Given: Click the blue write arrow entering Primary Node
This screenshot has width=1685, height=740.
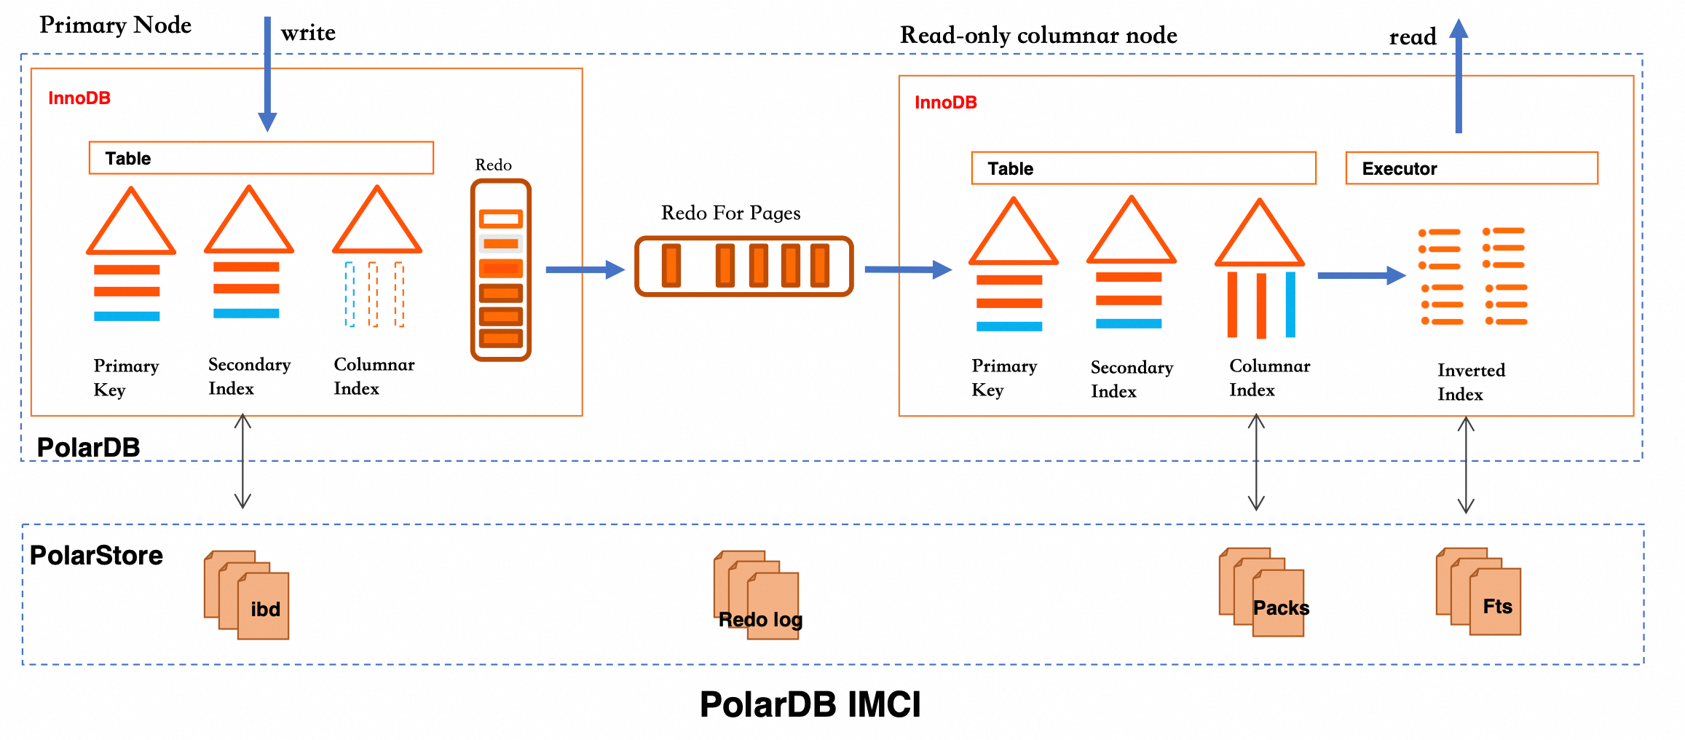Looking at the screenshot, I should click(267, 73).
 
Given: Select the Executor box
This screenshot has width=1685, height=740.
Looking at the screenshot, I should click(1471, 168).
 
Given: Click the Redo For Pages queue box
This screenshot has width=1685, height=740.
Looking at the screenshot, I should click(743, 267).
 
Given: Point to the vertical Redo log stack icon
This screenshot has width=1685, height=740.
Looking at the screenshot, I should click(501, 270).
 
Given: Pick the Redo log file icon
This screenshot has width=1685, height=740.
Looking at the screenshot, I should click(757, 595).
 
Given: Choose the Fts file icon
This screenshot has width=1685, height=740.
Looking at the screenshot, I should click(1479, 592).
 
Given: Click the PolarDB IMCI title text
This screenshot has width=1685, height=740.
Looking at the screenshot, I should click(810, 704).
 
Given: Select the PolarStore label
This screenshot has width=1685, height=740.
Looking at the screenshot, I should click(96, 556).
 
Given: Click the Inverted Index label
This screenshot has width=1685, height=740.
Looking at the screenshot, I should click(1470, 382).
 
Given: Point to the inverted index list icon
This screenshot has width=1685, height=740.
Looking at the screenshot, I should click(1472, 276).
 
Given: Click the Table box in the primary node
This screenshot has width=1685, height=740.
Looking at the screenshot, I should click(261, 158).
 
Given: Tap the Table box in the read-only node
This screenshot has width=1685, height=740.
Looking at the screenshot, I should click(1143, 168).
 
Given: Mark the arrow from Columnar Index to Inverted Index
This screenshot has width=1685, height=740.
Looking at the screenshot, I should click(1360, 275).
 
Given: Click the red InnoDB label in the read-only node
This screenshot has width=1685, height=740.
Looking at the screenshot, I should click(945, 103).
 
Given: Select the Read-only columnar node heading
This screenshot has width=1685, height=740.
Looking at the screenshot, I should click(1038, 35).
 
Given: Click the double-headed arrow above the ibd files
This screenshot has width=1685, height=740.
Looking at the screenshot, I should click(242, 460).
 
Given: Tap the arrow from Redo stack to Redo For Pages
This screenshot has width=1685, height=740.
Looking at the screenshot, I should click(584, 269).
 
